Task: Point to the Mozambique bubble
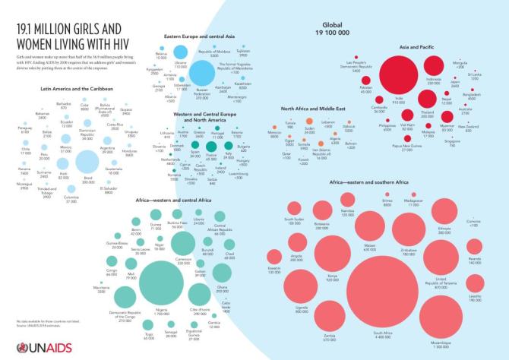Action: (442, 317)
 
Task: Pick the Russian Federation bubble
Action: (202, 74)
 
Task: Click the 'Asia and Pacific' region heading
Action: (416, 46)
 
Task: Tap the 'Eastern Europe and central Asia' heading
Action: (205, 35)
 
